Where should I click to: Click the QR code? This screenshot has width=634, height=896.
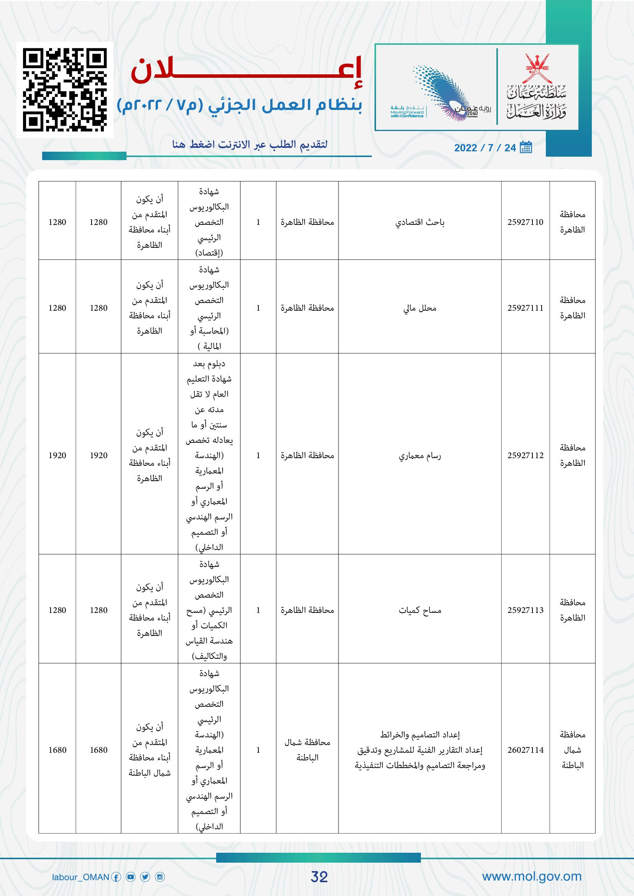[x=65, y=90]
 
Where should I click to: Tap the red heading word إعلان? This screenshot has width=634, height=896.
[x=247, y=70]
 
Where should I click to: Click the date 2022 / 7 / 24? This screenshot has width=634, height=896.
[x=485, y=147]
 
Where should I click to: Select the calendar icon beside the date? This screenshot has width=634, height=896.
[x=526, y=147]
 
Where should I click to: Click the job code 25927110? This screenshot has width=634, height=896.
[x=525, y=222]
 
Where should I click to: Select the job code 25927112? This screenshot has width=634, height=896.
[x=525, y=455]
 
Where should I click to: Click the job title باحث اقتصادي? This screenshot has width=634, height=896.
[x=420, y=223]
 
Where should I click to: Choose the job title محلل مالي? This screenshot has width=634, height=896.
[x=420, y=308]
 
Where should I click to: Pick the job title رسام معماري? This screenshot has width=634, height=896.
[x=420, y=455]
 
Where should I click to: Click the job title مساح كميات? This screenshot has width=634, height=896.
[x=420, y=610]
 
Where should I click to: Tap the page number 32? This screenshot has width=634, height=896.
[x=319, y=876]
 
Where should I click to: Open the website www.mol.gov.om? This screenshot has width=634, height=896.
[x=532, y=876]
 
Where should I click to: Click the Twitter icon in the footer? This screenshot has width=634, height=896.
[x=145, y=877]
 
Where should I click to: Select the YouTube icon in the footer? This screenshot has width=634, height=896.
[x=131, y=877]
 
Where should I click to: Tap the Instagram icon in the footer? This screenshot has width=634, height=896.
[x=160, y=877]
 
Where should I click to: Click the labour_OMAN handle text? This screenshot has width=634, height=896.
[x=80, y=877]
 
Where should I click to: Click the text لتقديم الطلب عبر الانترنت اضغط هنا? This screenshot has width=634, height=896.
[x=250, y=144]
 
